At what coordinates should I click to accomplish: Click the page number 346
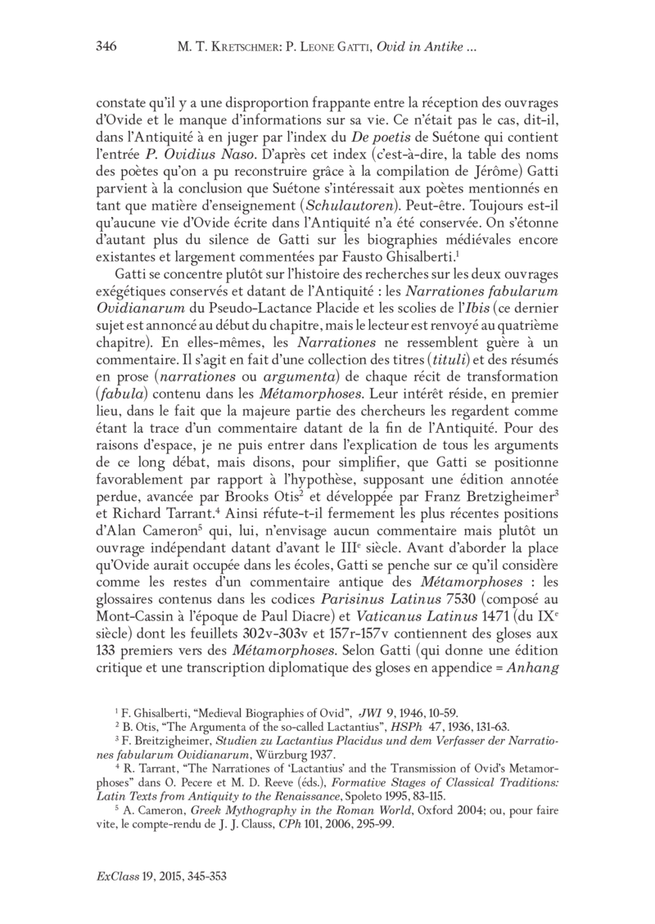click(106, 46)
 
